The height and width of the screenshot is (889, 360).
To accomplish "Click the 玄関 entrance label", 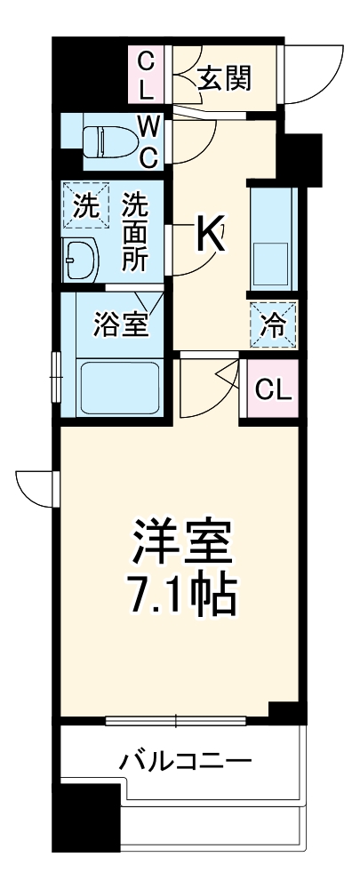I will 224,77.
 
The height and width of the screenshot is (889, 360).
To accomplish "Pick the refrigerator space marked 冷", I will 274,325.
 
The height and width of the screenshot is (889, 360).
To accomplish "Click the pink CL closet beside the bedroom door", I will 274,388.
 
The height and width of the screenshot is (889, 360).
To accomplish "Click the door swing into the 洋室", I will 206,387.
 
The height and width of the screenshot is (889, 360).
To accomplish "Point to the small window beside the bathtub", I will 55,379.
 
